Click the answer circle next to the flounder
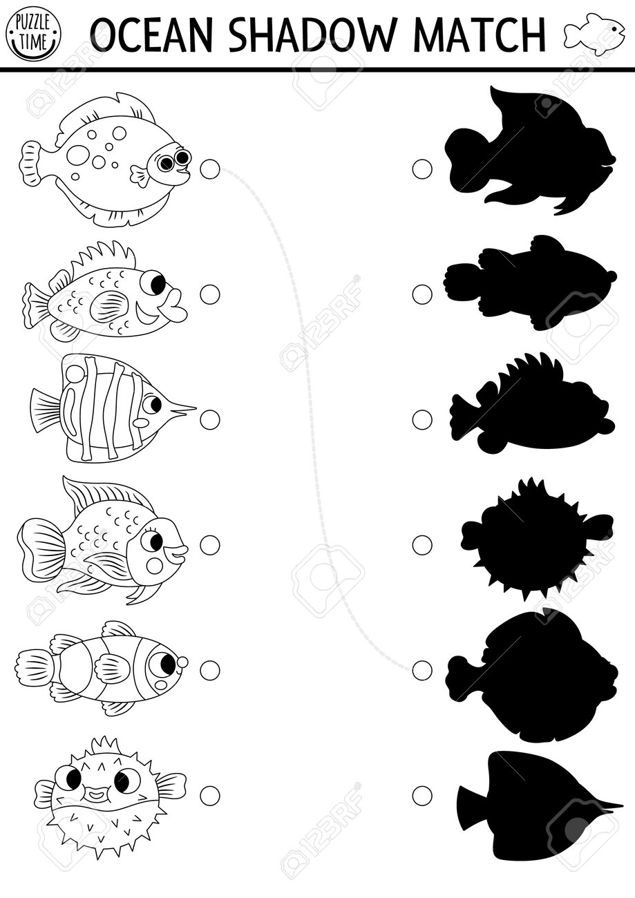click(x=210, y=169)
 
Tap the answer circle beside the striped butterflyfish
click(x=210, y=420)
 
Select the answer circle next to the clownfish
click(x=210, y=670)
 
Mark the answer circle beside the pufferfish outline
click(x=210, y=795)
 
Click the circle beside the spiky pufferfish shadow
click(x=422, y=545)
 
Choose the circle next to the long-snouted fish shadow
click(x=422, y=795)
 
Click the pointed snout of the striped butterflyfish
click(x=182, y=410)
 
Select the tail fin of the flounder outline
click(x=31, y=165)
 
